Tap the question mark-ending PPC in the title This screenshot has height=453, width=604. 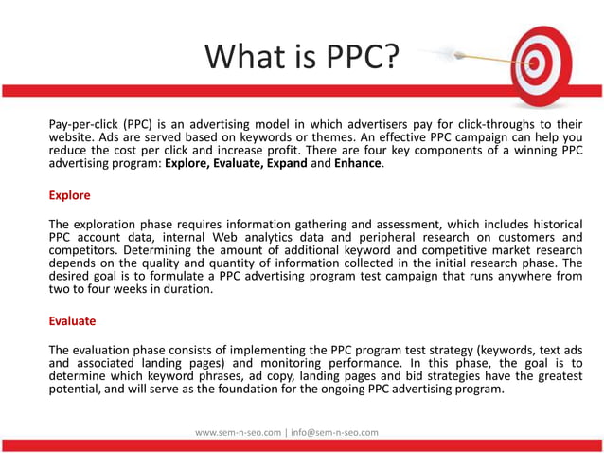click(356, 57)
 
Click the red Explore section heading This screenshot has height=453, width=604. click(69, 195)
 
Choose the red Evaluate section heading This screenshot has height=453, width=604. click(72, 320)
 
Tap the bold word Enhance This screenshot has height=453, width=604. click(357, 163)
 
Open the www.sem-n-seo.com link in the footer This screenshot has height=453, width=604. click(238, 432)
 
